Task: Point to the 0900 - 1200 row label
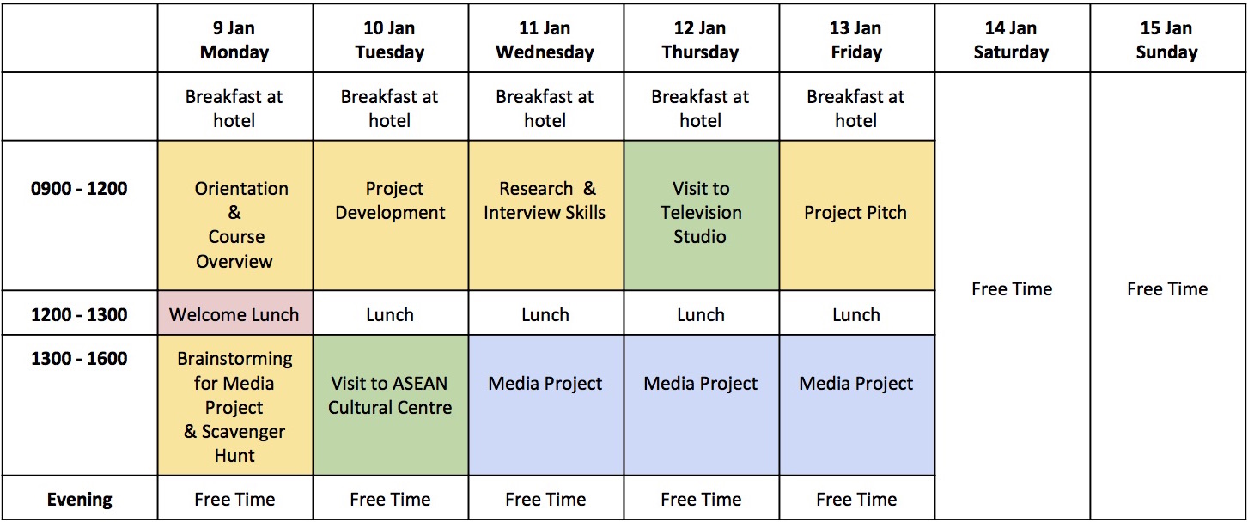(x=79, y=189)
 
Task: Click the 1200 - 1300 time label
(x=79, y=315)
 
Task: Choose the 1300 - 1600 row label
(x=79, y=358)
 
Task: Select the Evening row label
(x=79, y=499)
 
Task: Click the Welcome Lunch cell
(x=234, y=313)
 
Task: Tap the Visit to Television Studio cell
(x=701, y=215)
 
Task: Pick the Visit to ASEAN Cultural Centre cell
(x=390, y=405)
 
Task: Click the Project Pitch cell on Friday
(x=856, y=215)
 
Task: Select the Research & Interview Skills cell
(x=545, y=215)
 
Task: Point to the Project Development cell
(x=390, y=215)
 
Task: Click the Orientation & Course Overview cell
(x=234, y=215)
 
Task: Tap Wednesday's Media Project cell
(x=545, y=405)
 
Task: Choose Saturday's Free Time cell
(x=1012, y=296)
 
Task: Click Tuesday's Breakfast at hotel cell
(x=390, y=106)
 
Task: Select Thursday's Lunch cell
(x=701, y=313)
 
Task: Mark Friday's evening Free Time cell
(x=856, y=498)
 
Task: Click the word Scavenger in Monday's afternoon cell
(x=243, y=432)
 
